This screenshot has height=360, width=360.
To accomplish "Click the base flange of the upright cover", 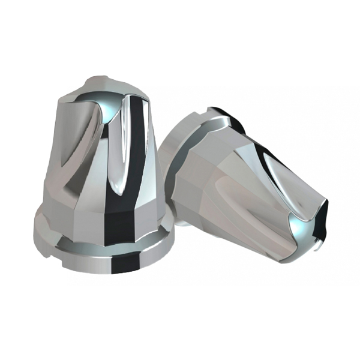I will tap(102, 252).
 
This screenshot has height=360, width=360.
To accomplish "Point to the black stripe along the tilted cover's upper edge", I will tap(282, 159).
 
